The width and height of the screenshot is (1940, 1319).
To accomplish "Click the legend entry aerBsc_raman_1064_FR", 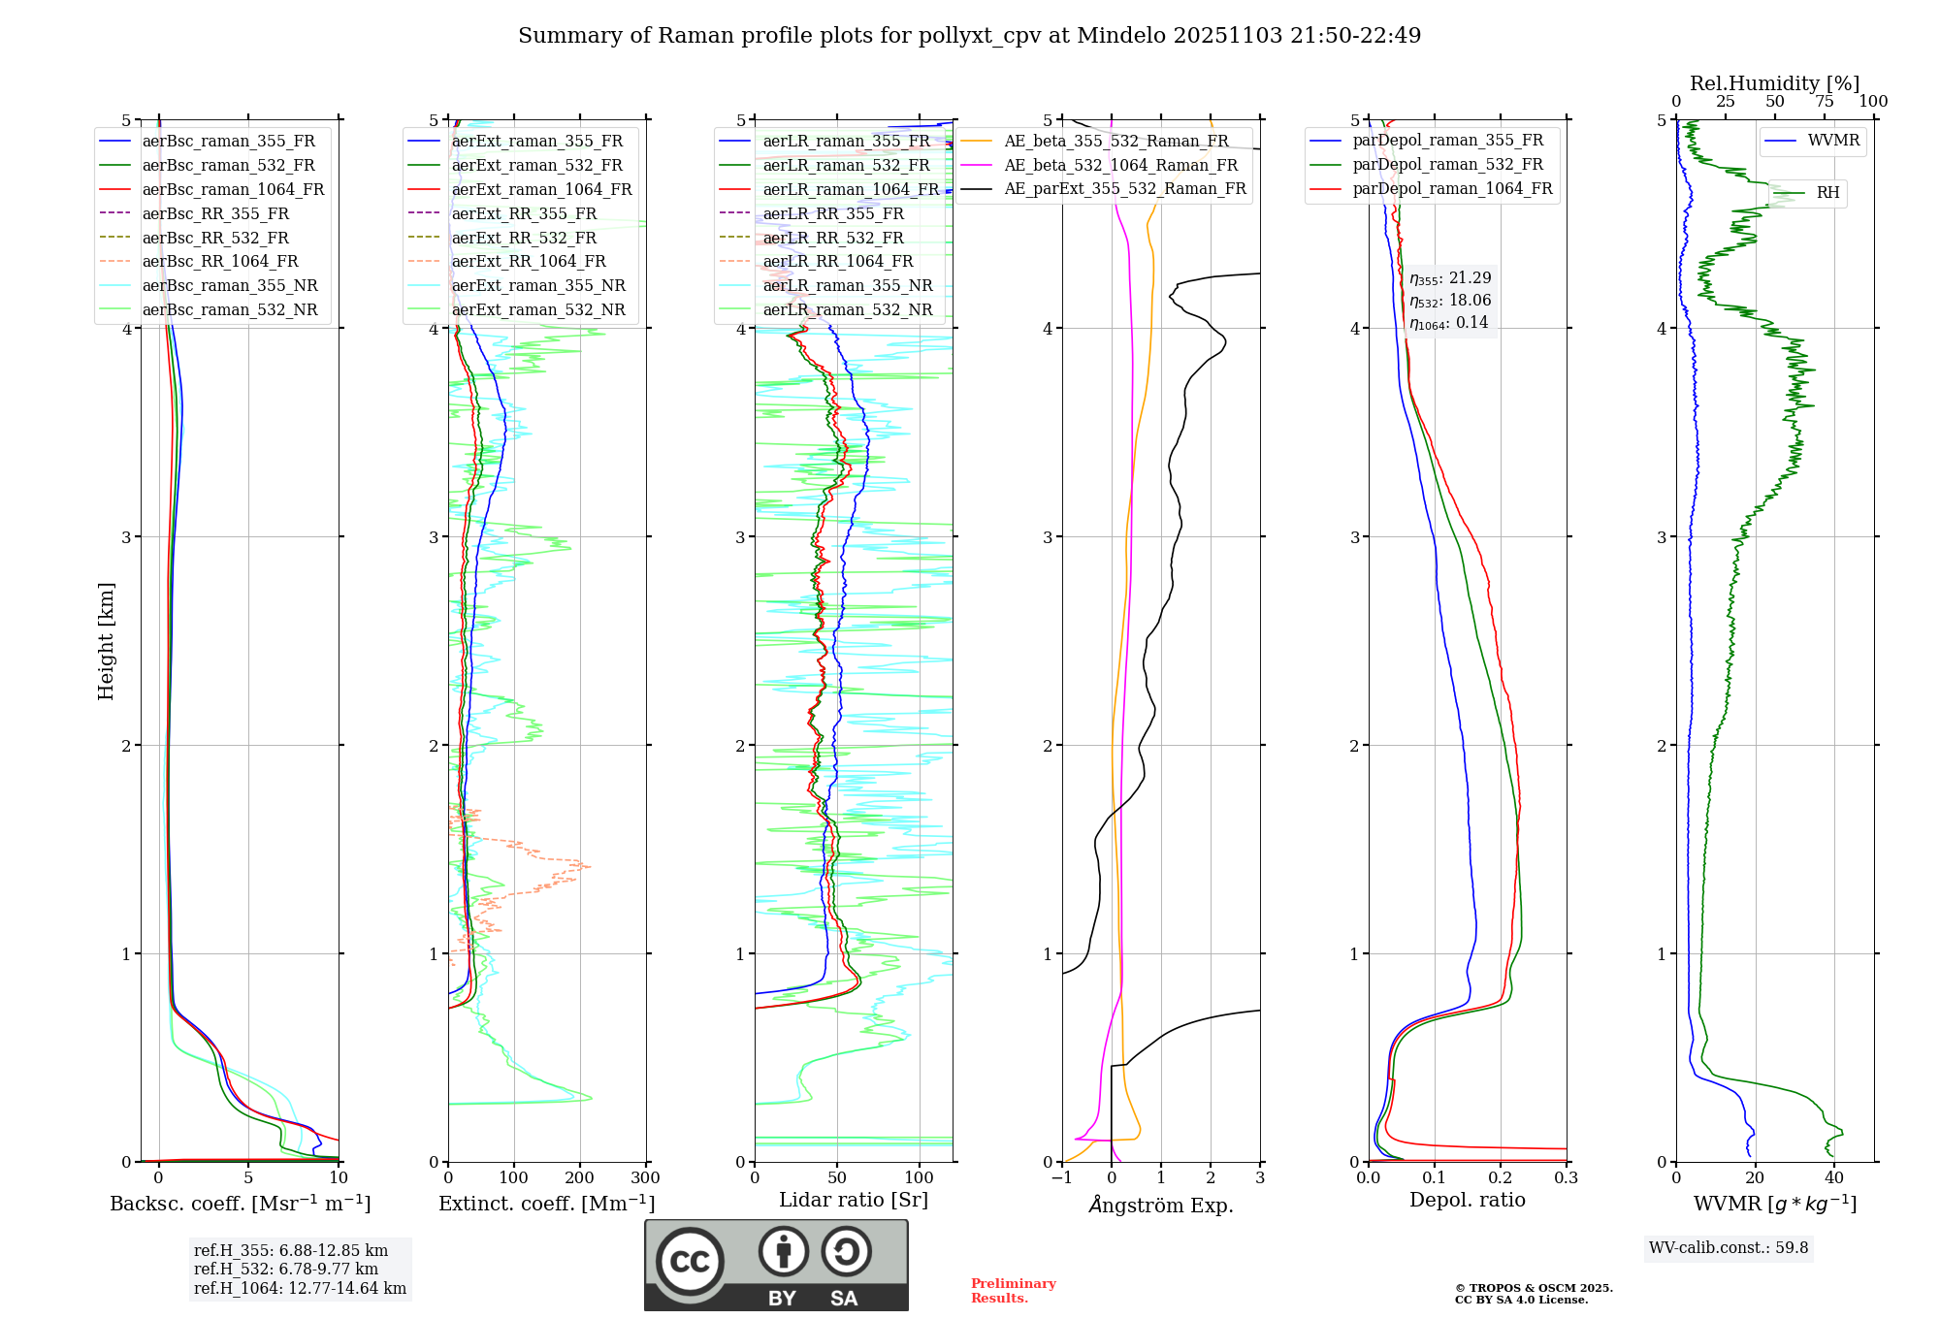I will point(233,190).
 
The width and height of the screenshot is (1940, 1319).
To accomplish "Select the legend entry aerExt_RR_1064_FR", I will point(529,262).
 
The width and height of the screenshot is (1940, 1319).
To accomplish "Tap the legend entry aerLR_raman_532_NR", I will point(847,310).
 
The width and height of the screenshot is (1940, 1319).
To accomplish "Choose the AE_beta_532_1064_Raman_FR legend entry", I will point(1120,166).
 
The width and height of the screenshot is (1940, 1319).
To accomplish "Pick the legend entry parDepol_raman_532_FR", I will point(1447,165).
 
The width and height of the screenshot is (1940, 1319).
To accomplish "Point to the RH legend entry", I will point(1827,193).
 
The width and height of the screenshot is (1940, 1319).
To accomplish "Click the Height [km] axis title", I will point(106,641).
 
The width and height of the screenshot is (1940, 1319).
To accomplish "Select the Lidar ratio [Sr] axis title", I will point(853,1200).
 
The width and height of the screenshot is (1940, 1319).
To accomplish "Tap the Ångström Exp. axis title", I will point(1161,1206).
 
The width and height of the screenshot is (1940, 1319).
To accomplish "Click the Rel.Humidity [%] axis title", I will point(1774,83).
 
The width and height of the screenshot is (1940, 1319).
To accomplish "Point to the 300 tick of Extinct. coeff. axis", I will point(645,1178).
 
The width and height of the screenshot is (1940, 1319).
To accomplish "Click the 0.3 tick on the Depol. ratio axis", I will point(1566,1178).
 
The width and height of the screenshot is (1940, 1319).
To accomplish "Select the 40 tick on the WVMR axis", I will point(1833,1178).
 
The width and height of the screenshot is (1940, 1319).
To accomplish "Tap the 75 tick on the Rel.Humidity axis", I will point(1825,102).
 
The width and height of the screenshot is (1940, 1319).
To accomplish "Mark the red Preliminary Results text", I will point(1013,1291).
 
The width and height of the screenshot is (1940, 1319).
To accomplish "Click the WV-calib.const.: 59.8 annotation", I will point(1729,1248).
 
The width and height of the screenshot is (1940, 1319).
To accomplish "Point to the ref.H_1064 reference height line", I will point(300,1289).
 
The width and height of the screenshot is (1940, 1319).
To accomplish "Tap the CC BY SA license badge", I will point(776,1266).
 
